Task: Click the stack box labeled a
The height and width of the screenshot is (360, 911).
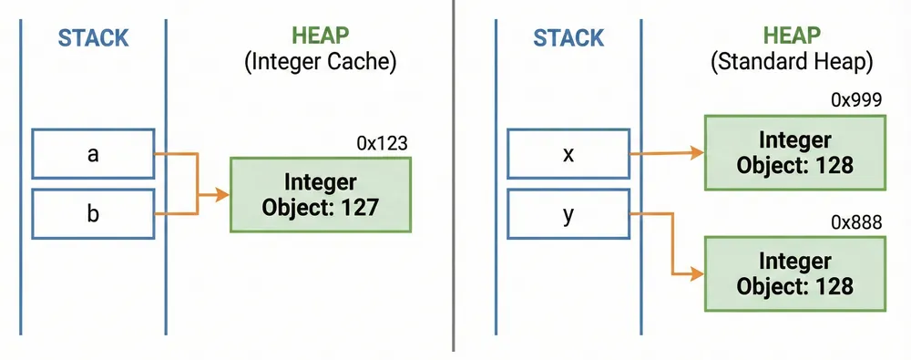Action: (x=93, y=154)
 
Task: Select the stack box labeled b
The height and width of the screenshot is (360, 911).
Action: (x=93, y=213)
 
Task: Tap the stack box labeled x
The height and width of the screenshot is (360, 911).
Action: (x=568, y=154)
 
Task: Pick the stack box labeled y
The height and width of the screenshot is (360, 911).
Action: (x=568, y=213)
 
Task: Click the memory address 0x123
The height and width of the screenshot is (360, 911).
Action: (x=382, y=143)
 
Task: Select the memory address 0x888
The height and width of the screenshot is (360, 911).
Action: (x=855, y=222)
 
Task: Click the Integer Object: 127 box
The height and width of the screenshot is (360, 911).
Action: (x=320, y=193)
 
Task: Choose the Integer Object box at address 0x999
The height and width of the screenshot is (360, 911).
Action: (x=794, y=153)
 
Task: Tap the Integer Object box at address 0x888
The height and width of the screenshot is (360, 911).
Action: (x=794, y=273)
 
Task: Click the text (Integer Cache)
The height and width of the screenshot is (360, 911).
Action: (x=320, y=65)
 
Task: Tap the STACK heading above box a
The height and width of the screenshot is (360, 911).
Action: (x=93, y=38)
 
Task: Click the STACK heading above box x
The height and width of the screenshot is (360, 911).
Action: (x=568, y=38)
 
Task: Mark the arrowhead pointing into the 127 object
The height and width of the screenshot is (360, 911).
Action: (x=222, y=194)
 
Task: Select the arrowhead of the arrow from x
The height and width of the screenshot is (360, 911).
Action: (x=695, y=154)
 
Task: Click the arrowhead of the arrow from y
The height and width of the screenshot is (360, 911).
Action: (x=695, y=273)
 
